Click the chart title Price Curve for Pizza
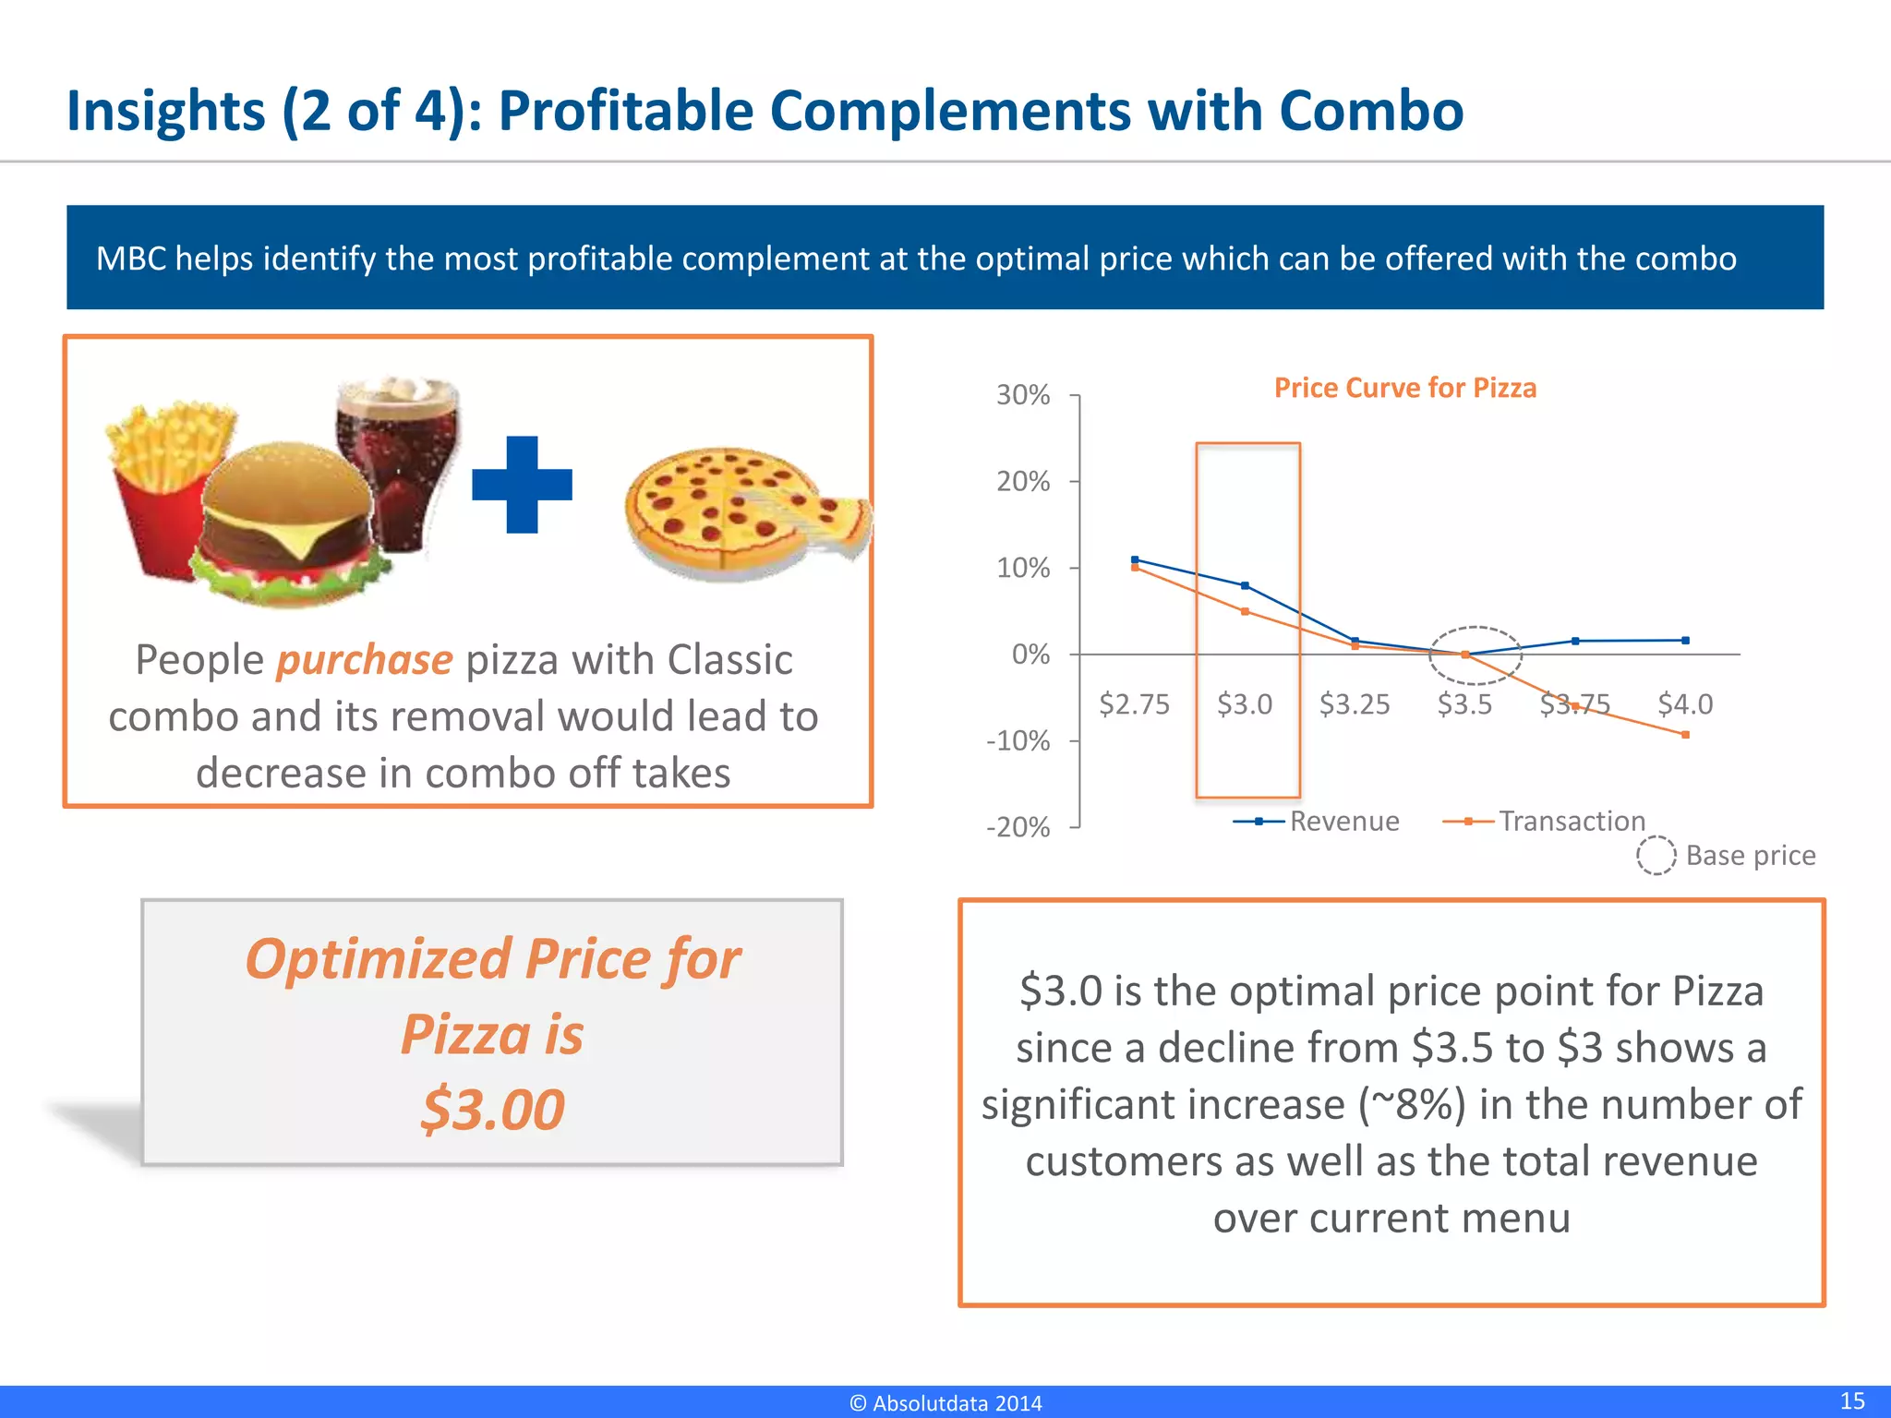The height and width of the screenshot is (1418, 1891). (1404, 388)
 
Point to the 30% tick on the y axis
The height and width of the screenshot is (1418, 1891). (1023, 395)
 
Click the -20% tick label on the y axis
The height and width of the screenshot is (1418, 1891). (1018, 827)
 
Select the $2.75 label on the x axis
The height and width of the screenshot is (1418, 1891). (1134, 704)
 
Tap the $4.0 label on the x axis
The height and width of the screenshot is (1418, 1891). (1685, 704)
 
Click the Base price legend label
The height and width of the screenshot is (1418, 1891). (1750, 856)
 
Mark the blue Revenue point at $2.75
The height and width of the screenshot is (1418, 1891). (1135, 559)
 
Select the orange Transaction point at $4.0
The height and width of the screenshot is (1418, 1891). (1685, 735)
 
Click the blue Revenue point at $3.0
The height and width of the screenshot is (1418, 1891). (1245, 585)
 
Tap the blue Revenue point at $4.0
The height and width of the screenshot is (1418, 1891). (1685, 640)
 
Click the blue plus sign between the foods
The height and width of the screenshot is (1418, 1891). (522, 485)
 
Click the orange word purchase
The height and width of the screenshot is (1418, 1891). (365, 660)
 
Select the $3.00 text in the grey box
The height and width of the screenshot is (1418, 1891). (492, 1109)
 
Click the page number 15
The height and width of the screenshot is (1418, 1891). (1851, 1400)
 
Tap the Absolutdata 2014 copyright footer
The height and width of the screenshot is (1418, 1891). (945, 1403)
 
